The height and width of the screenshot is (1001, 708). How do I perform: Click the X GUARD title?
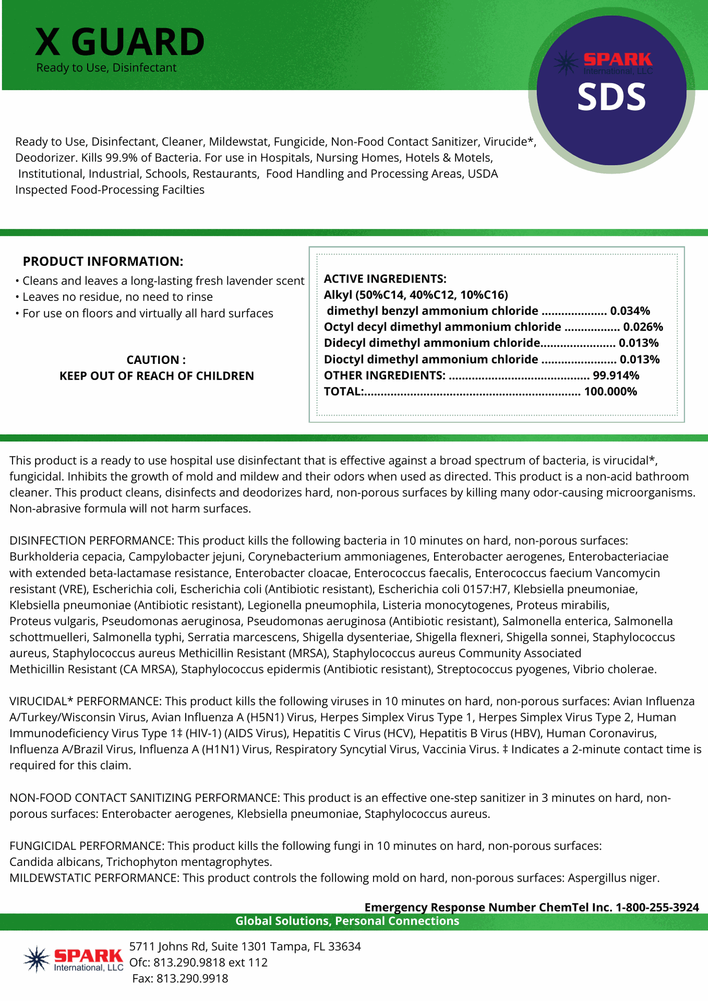click(x=119, y=42)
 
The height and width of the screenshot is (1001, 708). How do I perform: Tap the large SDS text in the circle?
click(x=611, y=97)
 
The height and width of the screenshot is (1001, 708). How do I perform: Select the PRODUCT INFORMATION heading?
click(x=103, y=261)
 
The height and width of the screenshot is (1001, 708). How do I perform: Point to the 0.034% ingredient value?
click(x=630, y=311)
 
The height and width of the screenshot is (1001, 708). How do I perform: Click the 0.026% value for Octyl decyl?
click(x=643, y=327)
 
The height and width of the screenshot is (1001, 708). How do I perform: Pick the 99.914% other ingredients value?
click(x=616, y=376)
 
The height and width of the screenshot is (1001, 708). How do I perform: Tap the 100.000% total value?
click(x=610, y=392)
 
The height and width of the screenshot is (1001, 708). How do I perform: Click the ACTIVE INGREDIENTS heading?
click(x=385, y=279)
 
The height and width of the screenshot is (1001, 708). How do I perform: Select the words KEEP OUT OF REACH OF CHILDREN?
click(x=157, y=376)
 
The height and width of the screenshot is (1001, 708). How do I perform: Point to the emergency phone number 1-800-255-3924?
click(x=657, y=907)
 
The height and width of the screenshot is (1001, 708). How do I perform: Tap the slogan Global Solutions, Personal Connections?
click(x=347, y=921)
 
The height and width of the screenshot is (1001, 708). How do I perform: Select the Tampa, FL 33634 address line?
click(x=245, y=946)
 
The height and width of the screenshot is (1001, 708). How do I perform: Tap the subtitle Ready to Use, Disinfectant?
click(x=106, y=68)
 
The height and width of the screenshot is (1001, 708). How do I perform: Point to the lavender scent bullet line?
click(x=163, y=281)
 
